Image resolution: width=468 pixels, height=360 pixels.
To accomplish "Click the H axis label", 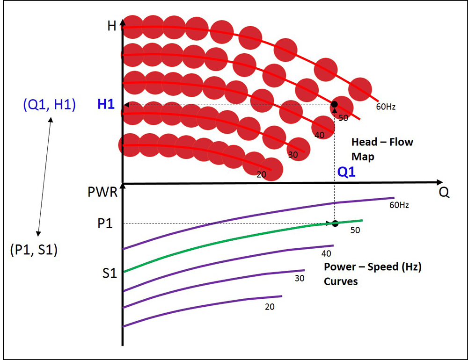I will click(112, 25).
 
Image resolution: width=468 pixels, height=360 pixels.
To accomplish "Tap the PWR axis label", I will click(102, 193).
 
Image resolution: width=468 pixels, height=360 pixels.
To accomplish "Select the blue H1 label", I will click(106, 105).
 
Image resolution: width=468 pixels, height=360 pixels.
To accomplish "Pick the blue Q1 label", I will click(346, 173).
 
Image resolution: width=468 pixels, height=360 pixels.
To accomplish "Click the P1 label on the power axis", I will click(105, 223).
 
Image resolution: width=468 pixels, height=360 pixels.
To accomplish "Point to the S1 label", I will click(109, 273).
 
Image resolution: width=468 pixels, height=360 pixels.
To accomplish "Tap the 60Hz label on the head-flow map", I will click(386, 107).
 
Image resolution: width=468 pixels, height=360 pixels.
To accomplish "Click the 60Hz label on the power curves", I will click(399, 204).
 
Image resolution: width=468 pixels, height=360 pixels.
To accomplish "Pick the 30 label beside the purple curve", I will click(300, 279).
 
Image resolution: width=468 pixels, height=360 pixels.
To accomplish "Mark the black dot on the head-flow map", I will click(334, 104).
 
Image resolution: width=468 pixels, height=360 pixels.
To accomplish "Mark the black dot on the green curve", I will click(335, 223).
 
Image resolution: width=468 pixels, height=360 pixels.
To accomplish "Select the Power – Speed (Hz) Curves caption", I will click(373, 274).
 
